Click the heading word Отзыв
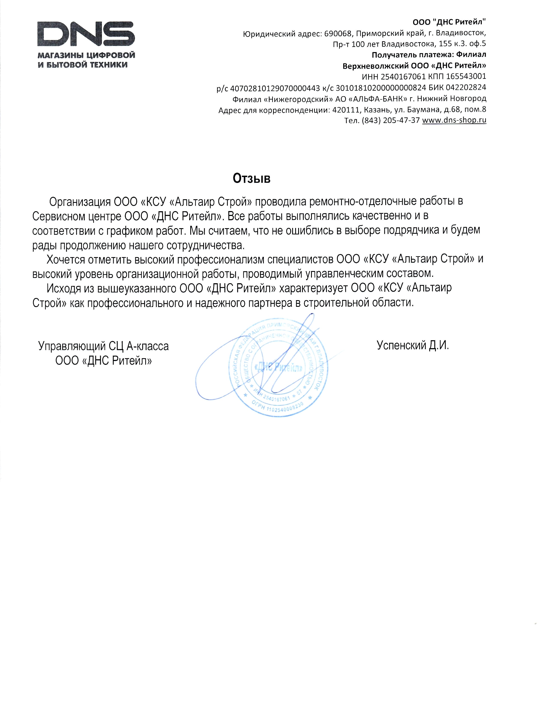click(251, 178)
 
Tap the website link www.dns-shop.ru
click(454, 120)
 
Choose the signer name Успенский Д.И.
click(413, 345)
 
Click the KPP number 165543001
click(466, 76)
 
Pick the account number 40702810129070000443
click(272, 87)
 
